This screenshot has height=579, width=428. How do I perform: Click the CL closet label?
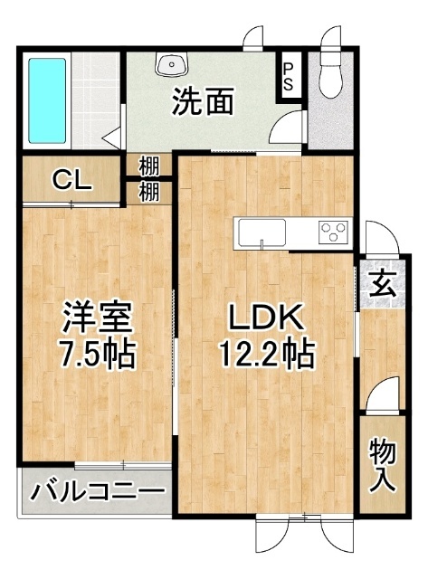click(x=71, y=179)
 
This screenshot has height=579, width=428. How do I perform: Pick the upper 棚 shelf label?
click(x=149, y=166)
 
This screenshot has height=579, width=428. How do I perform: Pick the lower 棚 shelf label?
click(x=149, y=192)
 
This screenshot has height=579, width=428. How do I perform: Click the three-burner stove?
click(x=333, y=232)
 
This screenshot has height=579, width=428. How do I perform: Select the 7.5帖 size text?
click(x=97, y=353)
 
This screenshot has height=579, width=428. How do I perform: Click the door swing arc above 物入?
click(x=380, y=395)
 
